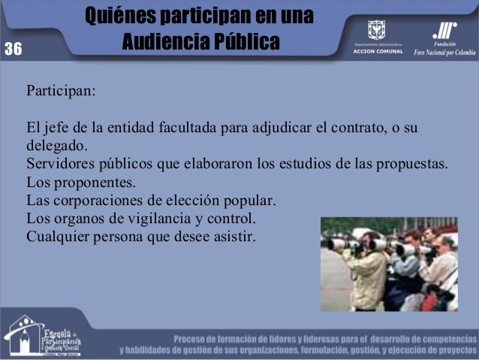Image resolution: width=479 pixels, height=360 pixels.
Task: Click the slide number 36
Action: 13,50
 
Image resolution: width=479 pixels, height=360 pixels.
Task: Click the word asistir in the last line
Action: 234,237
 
